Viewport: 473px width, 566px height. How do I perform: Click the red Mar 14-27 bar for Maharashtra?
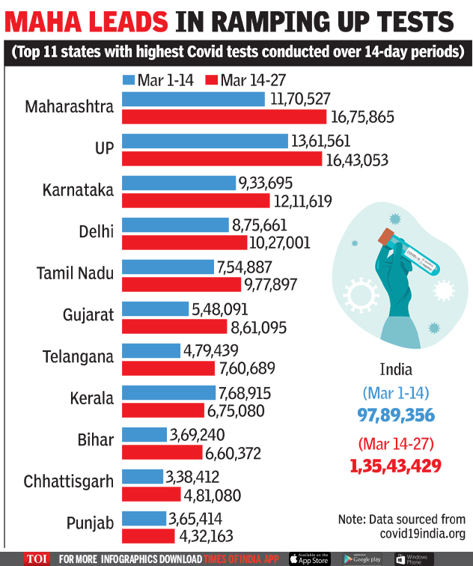224,117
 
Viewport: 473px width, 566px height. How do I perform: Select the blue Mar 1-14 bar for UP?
204,141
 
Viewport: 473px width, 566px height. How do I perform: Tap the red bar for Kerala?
162,410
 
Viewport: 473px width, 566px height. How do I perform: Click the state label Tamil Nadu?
75,273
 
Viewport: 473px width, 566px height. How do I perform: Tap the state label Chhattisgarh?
68,481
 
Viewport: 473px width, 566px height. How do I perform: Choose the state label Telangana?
78,357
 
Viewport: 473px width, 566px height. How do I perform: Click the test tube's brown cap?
386,238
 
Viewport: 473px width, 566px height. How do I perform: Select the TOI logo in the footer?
37,559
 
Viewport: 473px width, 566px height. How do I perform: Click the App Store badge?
310,559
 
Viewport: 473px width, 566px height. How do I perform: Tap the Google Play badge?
362,559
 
